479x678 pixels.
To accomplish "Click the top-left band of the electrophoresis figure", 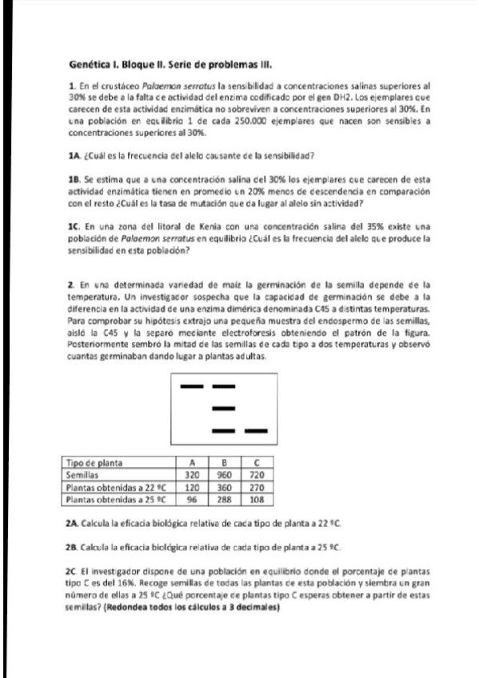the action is pyautogui.click(x=192, y=386).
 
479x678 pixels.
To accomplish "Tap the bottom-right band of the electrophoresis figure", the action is pyautogui.click(x=255, y=431).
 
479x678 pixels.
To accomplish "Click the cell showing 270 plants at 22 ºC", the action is pyautogui.click(x=257, y=485).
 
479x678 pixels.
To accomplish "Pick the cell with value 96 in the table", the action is pyautogui.click(x=192, y=497).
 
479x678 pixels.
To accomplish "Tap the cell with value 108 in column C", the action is pyautogui.click(x=257, y=497).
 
